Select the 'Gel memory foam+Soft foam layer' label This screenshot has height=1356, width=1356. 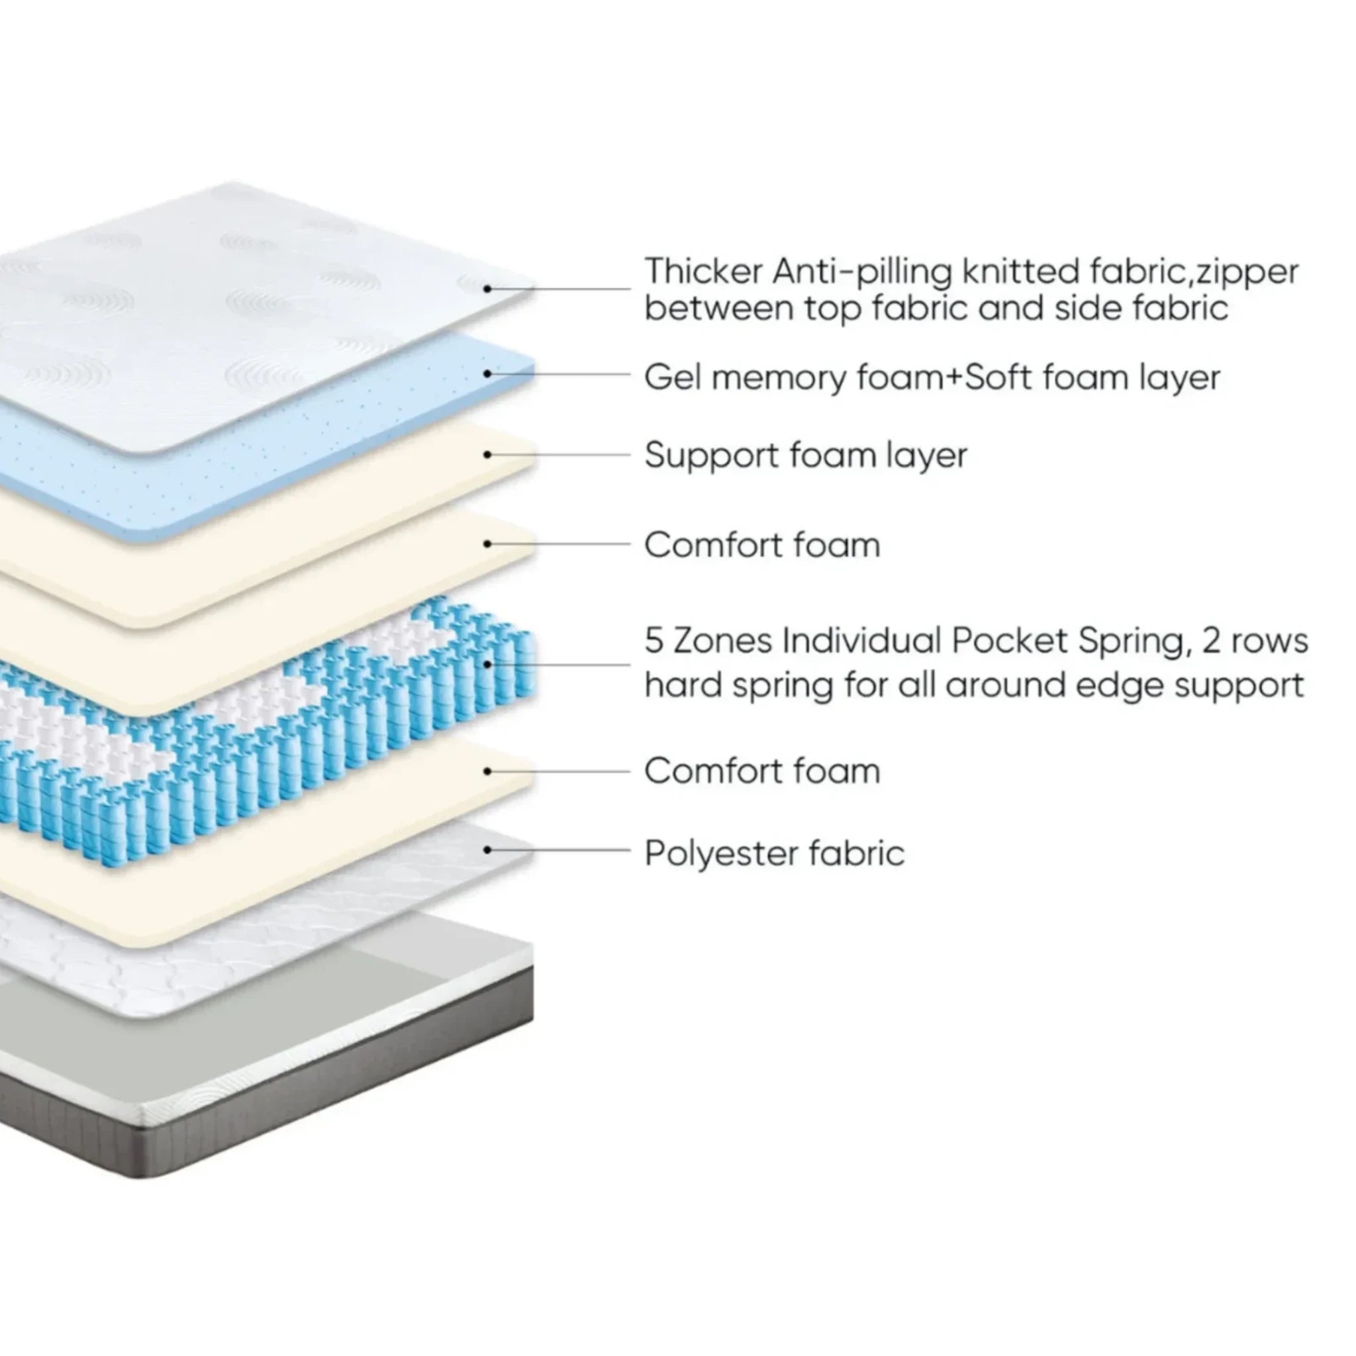click(932, 377)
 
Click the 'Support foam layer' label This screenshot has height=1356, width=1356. click(806, 456)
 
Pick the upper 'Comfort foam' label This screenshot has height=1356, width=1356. click(762, 546)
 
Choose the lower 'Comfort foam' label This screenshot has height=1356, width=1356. click(762, 771)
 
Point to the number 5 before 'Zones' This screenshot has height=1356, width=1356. click(654, 641)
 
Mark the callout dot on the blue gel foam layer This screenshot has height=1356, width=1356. click(487, 373)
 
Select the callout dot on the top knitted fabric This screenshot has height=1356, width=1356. click(487, 289)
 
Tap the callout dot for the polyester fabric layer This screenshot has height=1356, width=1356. click(487, 850)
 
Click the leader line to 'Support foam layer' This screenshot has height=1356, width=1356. click(561, 455)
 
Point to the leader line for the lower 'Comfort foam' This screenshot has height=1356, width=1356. click(561, 771)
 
